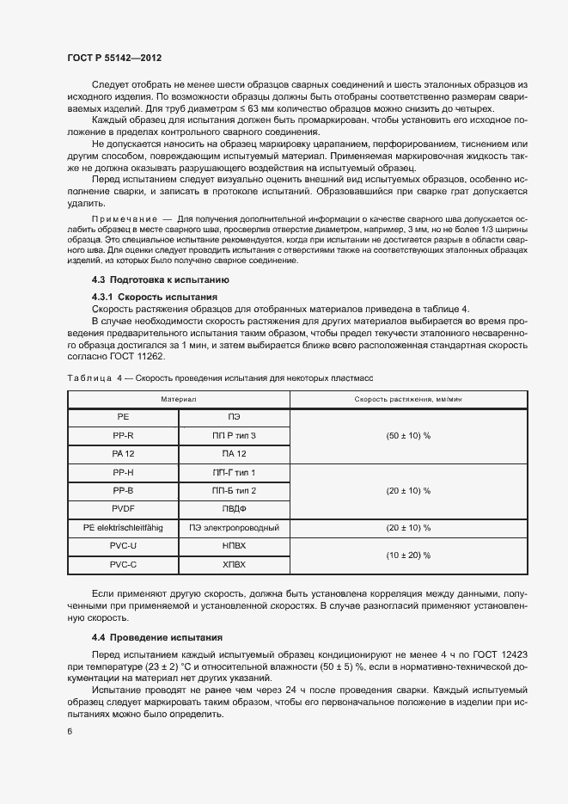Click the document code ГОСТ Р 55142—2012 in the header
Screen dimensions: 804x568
[x=114, y=58]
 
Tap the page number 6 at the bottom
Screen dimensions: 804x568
[x=70, y=732]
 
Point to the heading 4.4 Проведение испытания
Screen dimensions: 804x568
[x=157, y=638]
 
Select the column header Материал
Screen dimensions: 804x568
[x=178, y=400]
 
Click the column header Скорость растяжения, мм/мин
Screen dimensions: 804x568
[x=408, y=400]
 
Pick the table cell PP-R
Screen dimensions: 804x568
[x=123, y=436]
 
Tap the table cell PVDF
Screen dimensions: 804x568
[x=123, y=507]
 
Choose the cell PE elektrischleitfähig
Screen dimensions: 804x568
[x=123, y=527]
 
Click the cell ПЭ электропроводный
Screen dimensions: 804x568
[x=234, y=527]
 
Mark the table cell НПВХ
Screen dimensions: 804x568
[x=234, y=546]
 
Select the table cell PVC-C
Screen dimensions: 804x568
[x=123, y=565]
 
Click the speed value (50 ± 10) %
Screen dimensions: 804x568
[x=408, y=436]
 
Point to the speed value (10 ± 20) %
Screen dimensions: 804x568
[x=408, y=555]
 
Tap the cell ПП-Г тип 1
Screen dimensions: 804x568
[x=234, y=472]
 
